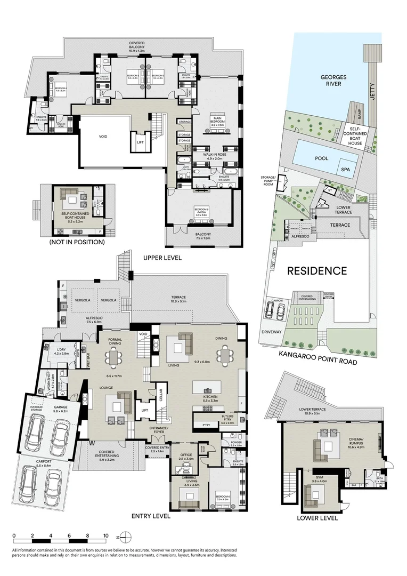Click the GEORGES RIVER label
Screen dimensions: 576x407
click(x=333, y=81)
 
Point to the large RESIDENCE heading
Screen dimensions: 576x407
click(x=317, y=271)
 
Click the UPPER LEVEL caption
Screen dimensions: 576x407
click(x=162, y=258)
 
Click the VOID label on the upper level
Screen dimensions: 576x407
click(x=103, y=137)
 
